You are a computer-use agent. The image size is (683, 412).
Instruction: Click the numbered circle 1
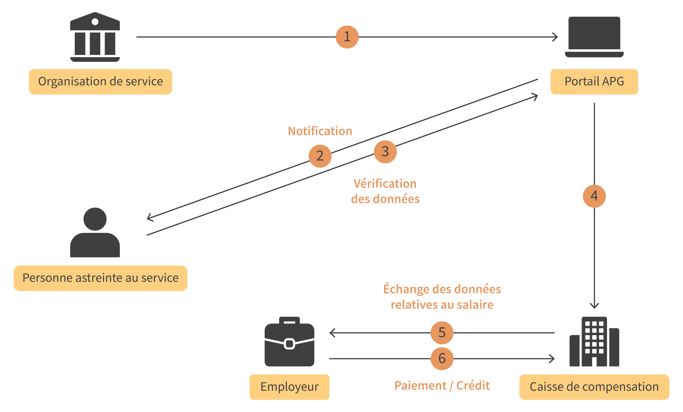coord(347,37)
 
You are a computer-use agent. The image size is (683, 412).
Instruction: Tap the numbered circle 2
coord(320,156)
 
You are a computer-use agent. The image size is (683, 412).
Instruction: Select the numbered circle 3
coord(385,152)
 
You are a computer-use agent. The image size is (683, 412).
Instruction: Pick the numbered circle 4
coord(594,196)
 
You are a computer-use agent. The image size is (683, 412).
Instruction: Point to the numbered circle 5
coord(442,333)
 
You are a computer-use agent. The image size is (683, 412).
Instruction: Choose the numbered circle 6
coord(442,359)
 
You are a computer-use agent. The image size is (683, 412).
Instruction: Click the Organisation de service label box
coord(100,82)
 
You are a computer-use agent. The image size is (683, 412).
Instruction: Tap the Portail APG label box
coord(594,82)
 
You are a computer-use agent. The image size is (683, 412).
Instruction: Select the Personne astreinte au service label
coord(100,278)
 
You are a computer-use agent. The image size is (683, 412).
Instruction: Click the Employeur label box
coord(289,387)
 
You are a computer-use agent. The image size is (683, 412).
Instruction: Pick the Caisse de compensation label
coord(594,387)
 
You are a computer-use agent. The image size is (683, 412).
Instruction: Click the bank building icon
coord(95,37)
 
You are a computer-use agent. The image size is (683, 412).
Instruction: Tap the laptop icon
coord(594,37)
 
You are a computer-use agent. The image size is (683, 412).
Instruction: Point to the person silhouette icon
coord(95,233)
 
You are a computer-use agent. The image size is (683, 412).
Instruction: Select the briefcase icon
coord(289,342)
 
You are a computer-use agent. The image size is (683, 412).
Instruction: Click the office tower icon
coord(594,342)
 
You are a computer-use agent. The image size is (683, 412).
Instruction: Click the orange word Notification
coord(320,131)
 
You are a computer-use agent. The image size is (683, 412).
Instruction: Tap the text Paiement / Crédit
coord(442,386)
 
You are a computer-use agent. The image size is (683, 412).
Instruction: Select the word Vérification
coord(385,184)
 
